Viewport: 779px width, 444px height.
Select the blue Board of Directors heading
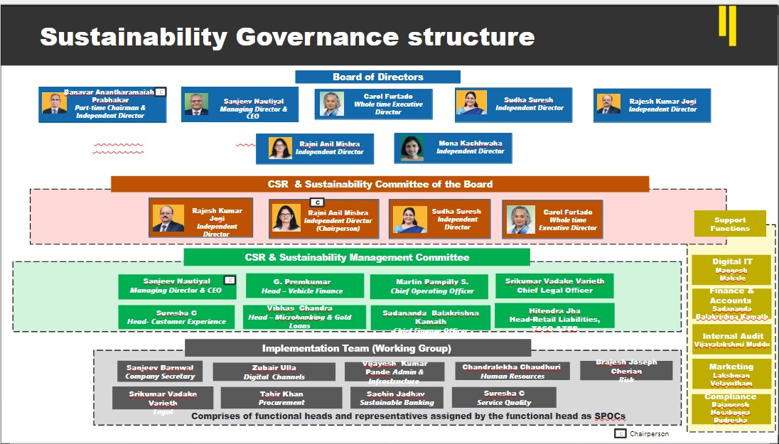(x=377, y=77)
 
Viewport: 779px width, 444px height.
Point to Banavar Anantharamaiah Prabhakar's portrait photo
(x=53, y=104)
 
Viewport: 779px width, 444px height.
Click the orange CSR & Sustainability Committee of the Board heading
(x=380, y=184)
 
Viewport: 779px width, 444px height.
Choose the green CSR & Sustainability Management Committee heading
(x=357, y=257)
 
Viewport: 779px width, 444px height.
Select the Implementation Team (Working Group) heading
(x=357, y=348)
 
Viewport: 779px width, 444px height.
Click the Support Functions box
(x=730, y=224)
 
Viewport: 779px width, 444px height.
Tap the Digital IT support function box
(x=731, y=269)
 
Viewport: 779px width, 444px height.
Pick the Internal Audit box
(x=731, y=340)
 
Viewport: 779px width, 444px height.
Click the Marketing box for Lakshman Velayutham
(x=731, y=374)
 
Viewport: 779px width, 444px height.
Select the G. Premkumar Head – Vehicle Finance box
(x=305, y=286)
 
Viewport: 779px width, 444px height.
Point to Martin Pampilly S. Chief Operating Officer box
(x=429, y=286)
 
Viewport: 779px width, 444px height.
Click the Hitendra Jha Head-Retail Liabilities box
(x=554, y=315)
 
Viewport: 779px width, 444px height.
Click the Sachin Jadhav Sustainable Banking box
(x=397, y=398)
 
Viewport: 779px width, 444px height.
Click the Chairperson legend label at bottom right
(x=648, y=433)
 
